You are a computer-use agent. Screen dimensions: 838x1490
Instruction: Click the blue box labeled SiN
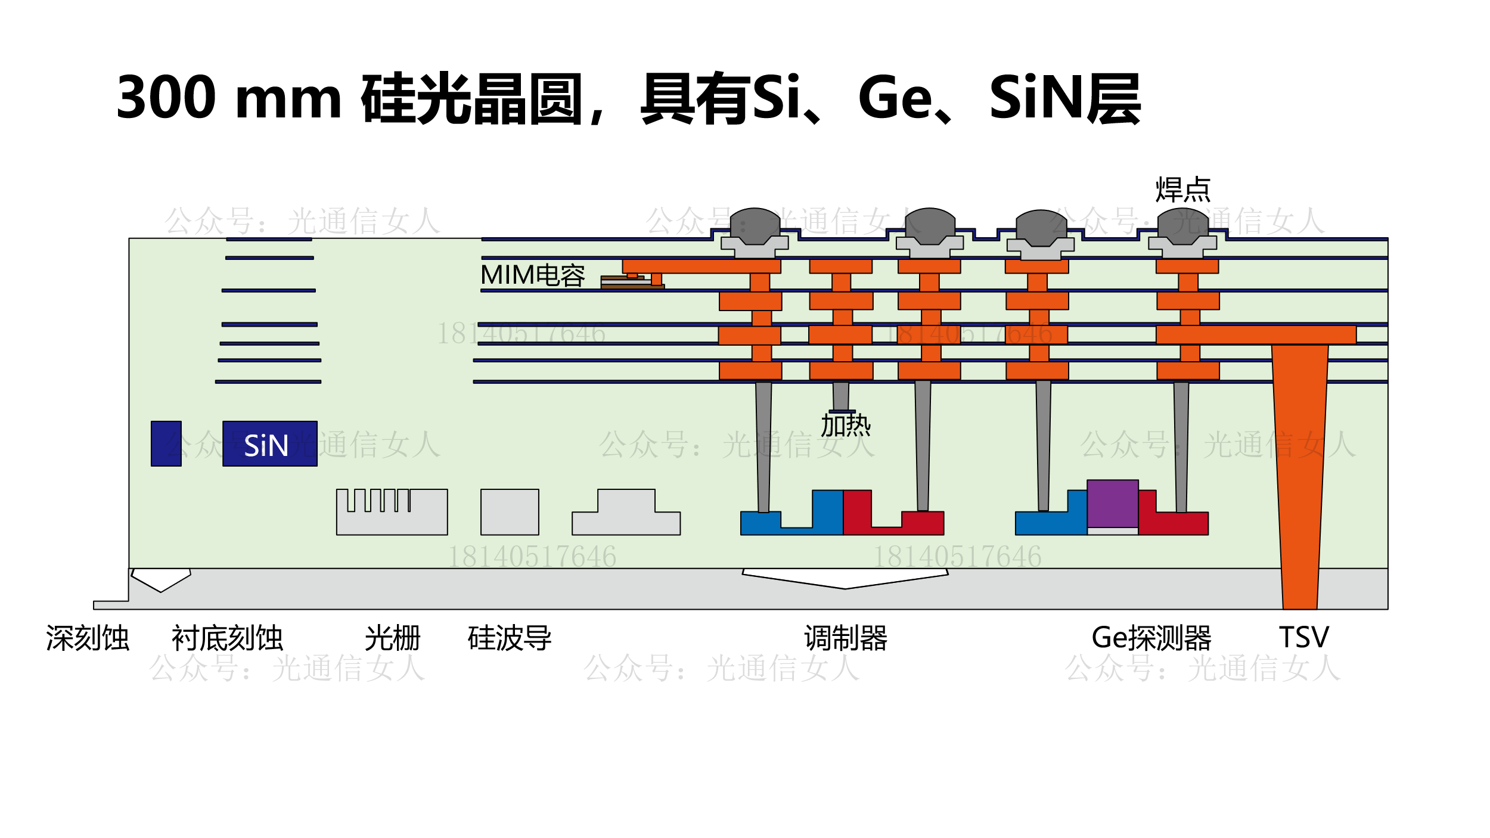(x=269, y=443)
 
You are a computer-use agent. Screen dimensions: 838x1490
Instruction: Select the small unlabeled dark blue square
(x=166, y=443)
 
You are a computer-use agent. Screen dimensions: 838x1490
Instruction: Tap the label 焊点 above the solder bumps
(x=1182, y=190)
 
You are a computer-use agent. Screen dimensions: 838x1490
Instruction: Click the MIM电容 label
(x=532, y=275)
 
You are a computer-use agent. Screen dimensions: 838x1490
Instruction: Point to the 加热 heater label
(x=845, y=426)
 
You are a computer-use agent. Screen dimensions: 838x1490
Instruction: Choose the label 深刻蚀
(x=88, y=638)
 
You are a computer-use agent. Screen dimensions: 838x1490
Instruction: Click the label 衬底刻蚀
(x=227, y=638)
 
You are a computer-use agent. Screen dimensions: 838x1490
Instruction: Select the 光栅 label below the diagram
(x=392, y=638)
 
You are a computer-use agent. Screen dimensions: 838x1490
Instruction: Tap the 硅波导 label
(x=510, y=638)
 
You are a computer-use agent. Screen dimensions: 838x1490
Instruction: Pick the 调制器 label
(x=845, y=638)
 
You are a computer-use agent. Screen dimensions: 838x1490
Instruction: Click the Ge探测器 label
(x=1151, y=638)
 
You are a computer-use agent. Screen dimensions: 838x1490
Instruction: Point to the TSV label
(x=1303, y=638)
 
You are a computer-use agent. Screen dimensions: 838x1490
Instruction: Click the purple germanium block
(x=1112, y=504)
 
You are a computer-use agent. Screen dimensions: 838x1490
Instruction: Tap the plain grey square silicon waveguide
(x=510, y=512)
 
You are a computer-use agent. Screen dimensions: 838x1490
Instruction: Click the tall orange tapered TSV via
(x=1299, y=465)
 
